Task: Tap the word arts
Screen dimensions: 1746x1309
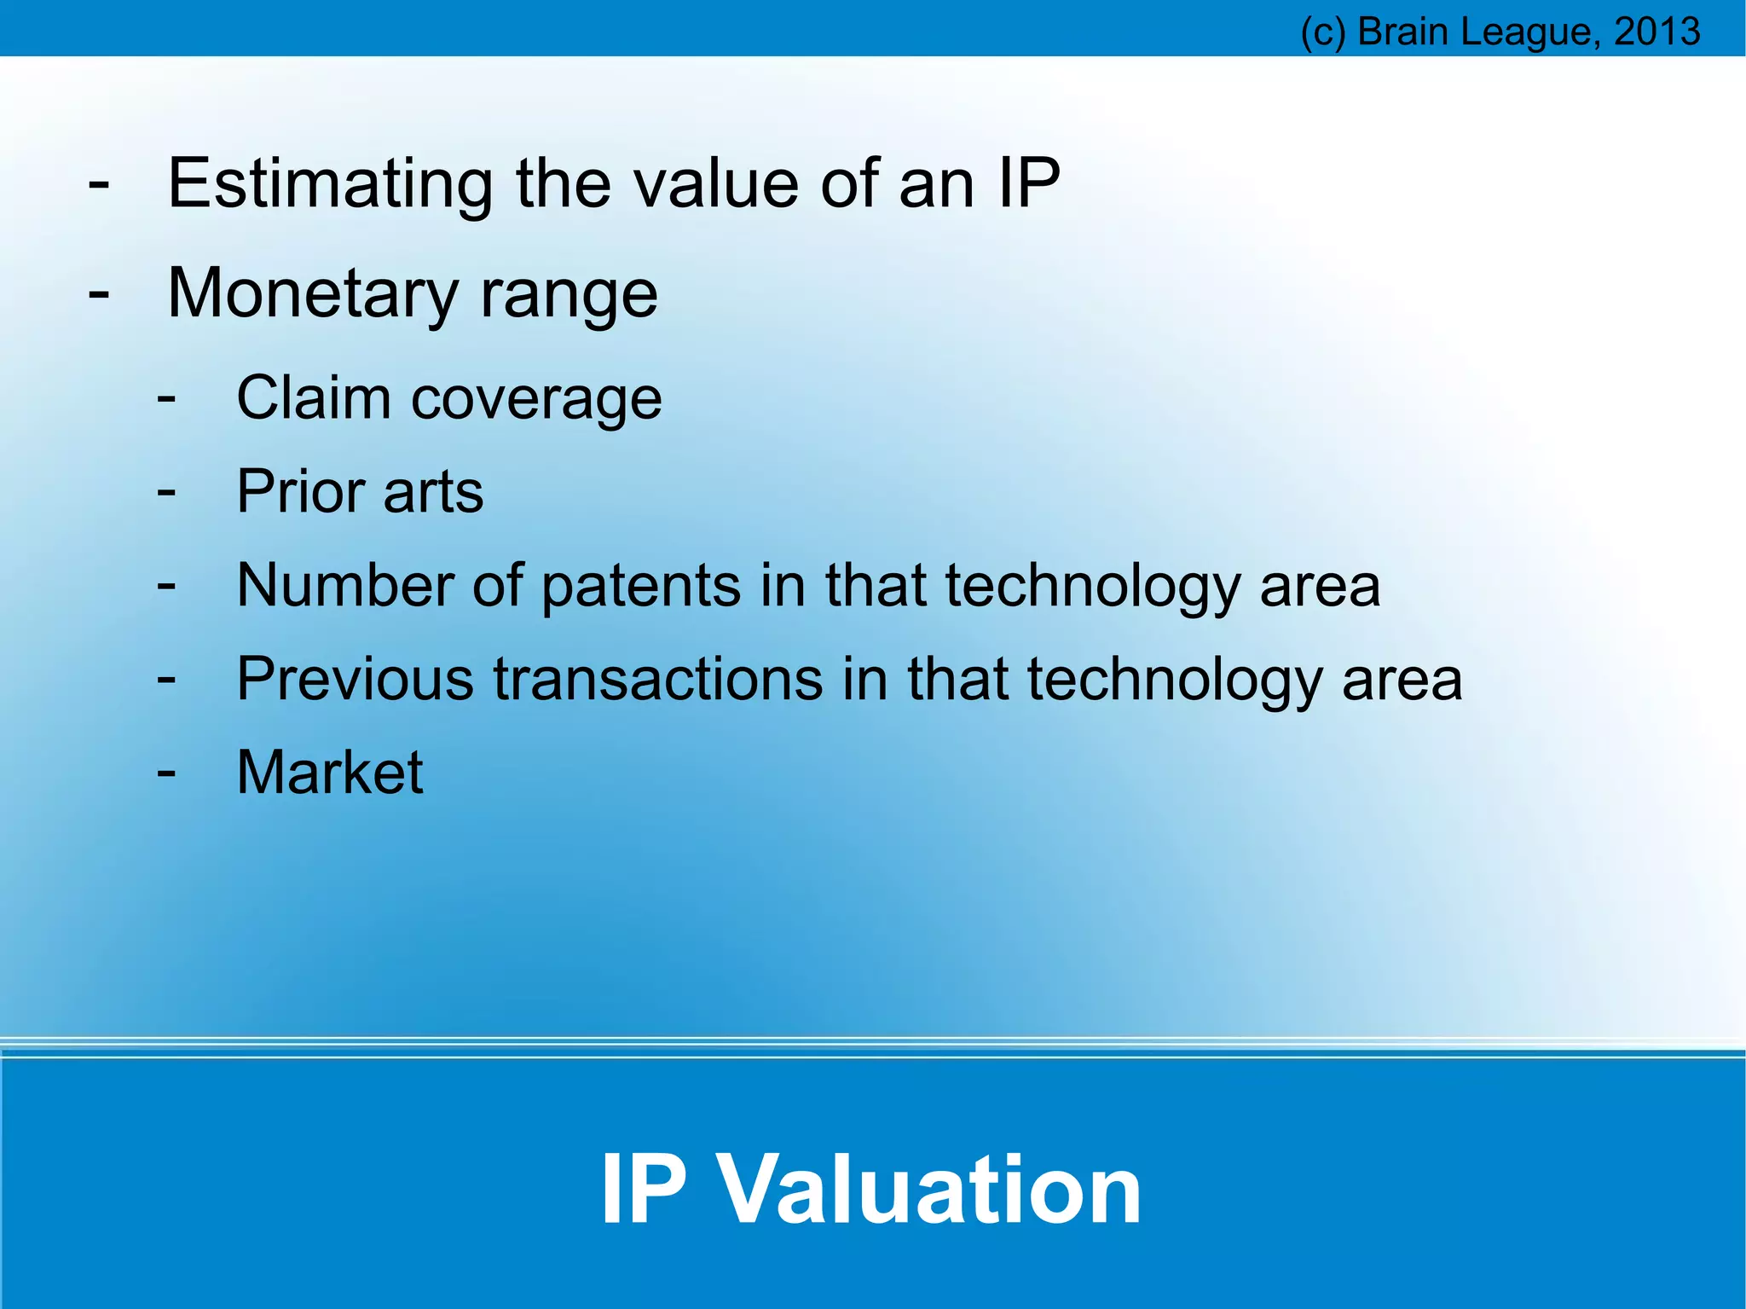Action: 433,493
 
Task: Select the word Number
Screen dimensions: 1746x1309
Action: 345,585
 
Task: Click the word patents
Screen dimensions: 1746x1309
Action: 641,587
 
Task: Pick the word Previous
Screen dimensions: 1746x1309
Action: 355,679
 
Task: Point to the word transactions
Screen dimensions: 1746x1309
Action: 658,679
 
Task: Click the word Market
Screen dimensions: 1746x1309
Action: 329,773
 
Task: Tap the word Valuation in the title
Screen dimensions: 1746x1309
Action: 928,1189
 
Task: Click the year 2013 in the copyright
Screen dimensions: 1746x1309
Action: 1657,32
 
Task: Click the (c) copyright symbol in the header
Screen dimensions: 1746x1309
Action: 1322,32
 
